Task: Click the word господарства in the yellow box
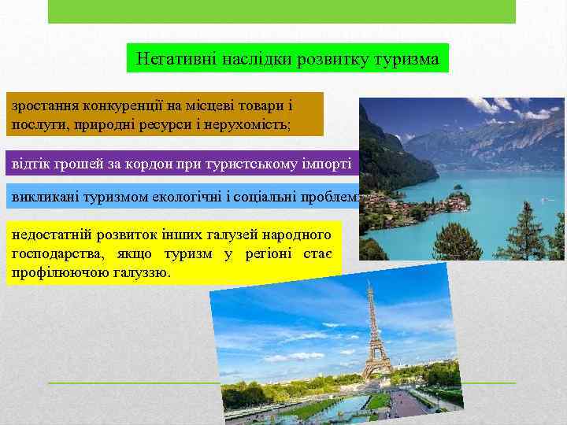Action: (x=55, y=253)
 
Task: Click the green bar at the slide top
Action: (x=282, y=11)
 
